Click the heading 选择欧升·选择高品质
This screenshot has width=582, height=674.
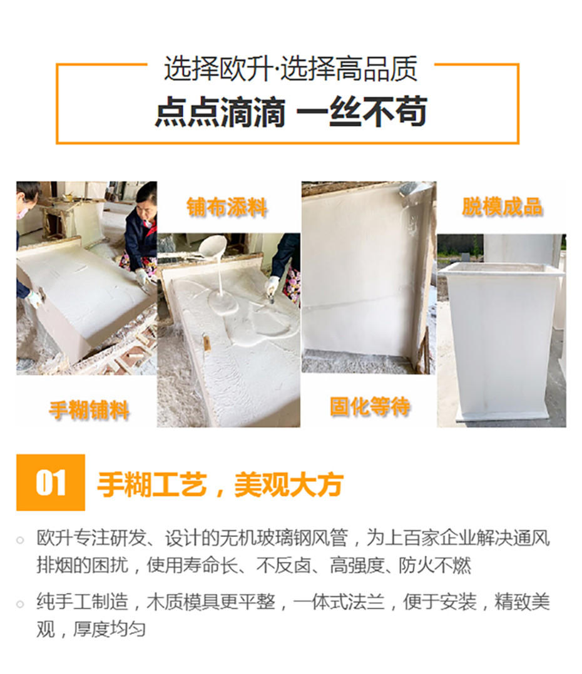tap(290, 68)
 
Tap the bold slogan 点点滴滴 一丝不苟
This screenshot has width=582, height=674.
tap(291, 111)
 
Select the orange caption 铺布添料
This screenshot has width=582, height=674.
tap(227, 207)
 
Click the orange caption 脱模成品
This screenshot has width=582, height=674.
tap(502, 207)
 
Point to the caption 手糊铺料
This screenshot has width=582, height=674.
tap(89, 410)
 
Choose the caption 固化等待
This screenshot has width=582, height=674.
tap(370, 406)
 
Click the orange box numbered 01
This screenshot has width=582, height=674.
tap(51, 483)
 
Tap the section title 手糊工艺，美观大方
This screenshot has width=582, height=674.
tap(220, 484)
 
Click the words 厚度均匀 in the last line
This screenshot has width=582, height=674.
tap(109, 629)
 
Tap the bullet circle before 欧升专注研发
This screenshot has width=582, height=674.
tap(20, 540)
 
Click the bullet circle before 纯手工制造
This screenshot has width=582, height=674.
tap(20, 604)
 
